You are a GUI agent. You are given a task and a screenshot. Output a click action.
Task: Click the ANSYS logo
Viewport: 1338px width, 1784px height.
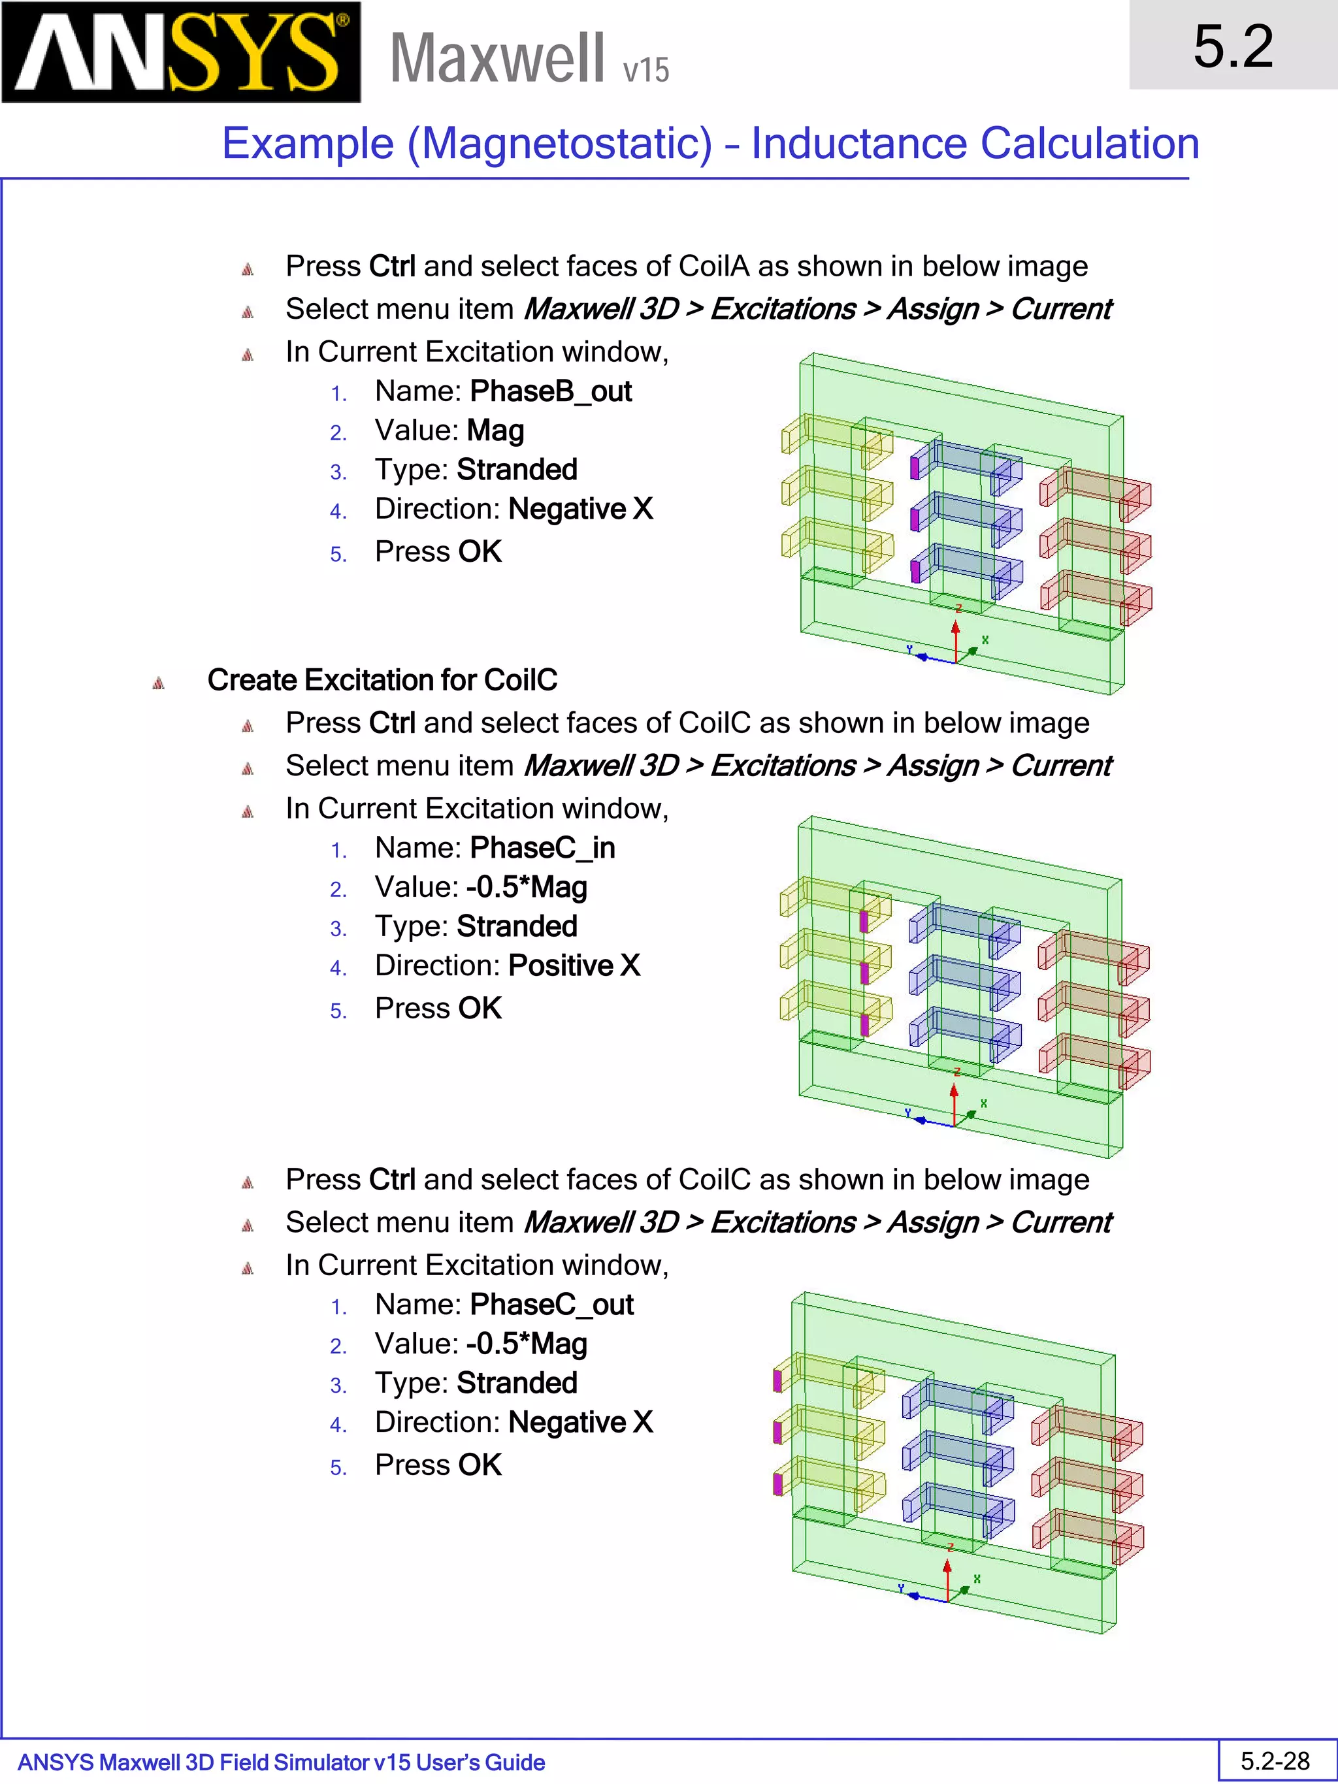click(181, 52)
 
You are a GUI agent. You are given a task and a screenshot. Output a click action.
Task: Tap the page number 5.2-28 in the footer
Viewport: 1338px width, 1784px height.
click(1275, 1760)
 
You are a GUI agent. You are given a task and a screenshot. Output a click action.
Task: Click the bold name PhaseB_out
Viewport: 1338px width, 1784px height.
click(551, 391)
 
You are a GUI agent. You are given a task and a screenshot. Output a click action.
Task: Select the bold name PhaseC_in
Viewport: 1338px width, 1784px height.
click(542, 848)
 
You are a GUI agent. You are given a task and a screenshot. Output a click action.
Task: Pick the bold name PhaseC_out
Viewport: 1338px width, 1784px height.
click(551, 1304)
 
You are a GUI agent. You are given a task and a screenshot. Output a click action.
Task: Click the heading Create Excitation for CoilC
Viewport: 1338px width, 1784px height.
click(382, 680)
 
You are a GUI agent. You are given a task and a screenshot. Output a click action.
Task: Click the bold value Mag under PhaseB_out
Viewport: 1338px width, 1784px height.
click(495, 430)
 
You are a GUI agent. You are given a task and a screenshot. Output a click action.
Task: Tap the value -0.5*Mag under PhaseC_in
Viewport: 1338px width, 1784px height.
click(526, 887)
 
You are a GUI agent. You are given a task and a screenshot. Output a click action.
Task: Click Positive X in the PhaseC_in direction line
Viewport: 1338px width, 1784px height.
click(574, 965)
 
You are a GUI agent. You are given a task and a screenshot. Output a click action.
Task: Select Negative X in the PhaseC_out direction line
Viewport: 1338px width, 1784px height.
click(580, 1422)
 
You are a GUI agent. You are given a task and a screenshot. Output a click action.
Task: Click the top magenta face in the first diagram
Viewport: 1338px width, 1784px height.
click(915, 468)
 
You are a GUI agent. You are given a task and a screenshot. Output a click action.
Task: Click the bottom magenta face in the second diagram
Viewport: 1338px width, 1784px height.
click(864, 1024)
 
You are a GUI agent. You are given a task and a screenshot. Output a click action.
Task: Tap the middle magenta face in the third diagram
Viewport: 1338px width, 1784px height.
click(777, 1433)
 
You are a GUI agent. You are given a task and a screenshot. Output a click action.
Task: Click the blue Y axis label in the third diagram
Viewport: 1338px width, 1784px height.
click(901, 1588)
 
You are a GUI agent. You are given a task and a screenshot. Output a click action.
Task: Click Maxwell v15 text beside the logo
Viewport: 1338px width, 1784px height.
click(529, 58)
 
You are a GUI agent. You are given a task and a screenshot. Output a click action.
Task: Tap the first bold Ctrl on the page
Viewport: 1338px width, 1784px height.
click(391, 266)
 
